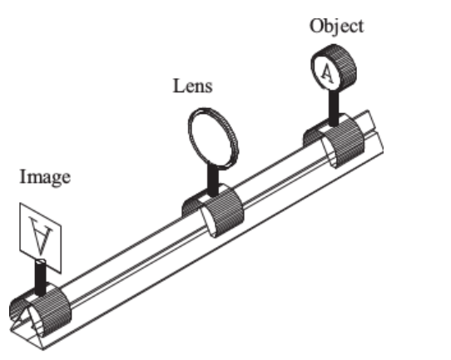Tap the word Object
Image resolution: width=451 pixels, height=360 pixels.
336,25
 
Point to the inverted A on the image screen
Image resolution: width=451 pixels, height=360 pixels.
35,231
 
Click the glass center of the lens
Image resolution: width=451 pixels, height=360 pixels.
211,139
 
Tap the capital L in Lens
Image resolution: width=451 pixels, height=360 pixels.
177,86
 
